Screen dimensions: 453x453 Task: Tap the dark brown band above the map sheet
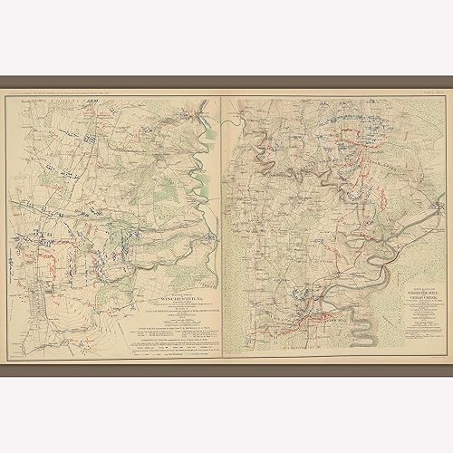tap(226, 82)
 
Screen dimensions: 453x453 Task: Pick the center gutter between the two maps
tap(220, 226)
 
